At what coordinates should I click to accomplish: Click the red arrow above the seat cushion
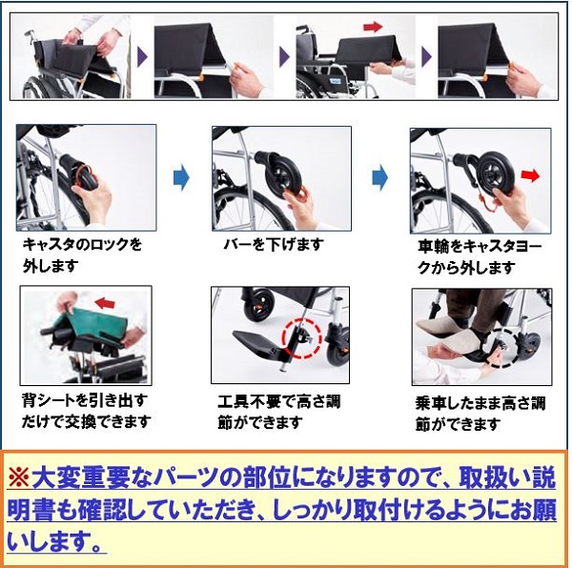pos(373,27)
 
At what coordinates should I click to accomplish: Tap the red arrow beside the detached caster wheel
pos(530,176)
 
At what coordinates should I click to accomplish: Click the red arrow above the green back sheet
pos(105,303)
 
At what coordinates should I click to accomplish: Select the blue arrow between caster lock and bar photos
pos(181,178)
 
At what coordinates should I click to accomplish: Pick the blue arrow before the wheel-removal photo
pos(379,177)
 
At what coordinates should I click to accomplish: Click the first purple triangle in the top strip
pos(142,57)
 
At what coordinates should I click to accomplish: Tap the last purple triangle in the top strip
pos(426,57)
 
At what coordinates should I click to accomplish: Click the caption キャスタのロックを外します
pos(82,254)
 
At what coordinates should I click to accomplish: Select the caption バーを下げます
pos(274,244)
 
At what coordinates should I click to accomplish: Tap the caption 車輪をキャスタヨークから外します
pos(480,257)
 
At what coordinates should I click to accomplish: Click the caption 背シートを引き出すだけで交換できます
pos(86,411)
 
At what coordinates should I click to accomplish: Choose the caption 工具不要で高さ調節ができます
pos(278,412)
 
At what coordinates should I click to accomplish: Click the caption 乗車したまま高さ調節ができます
pos(480,414)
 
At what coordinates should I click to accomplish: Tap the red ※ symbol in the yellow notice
pos(19,477)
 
